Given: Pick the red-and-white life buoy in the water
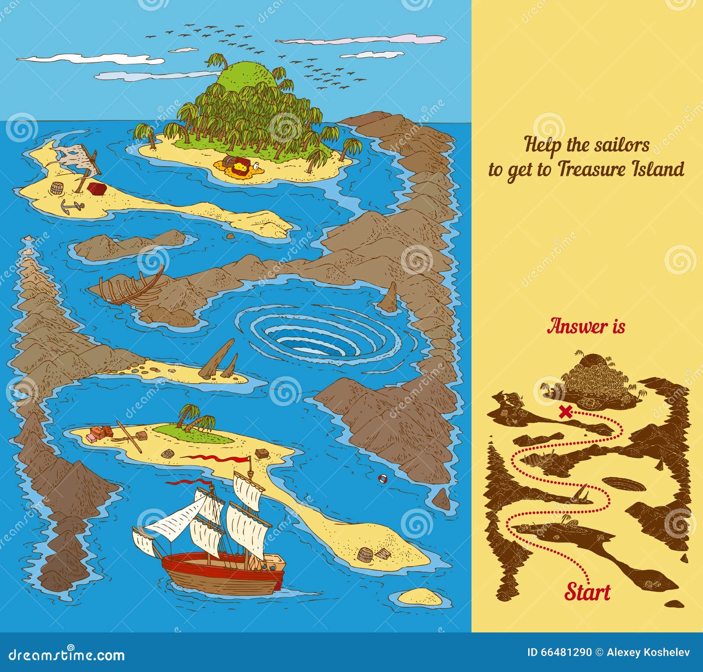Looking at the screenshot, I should [383, 478].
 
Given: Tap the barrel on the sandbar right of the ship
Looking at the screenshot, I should [365, 555].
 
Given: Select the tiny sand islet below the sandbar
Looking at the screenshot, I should [420, 596].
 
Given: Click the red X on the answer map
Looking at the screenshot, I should [566, 412].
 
